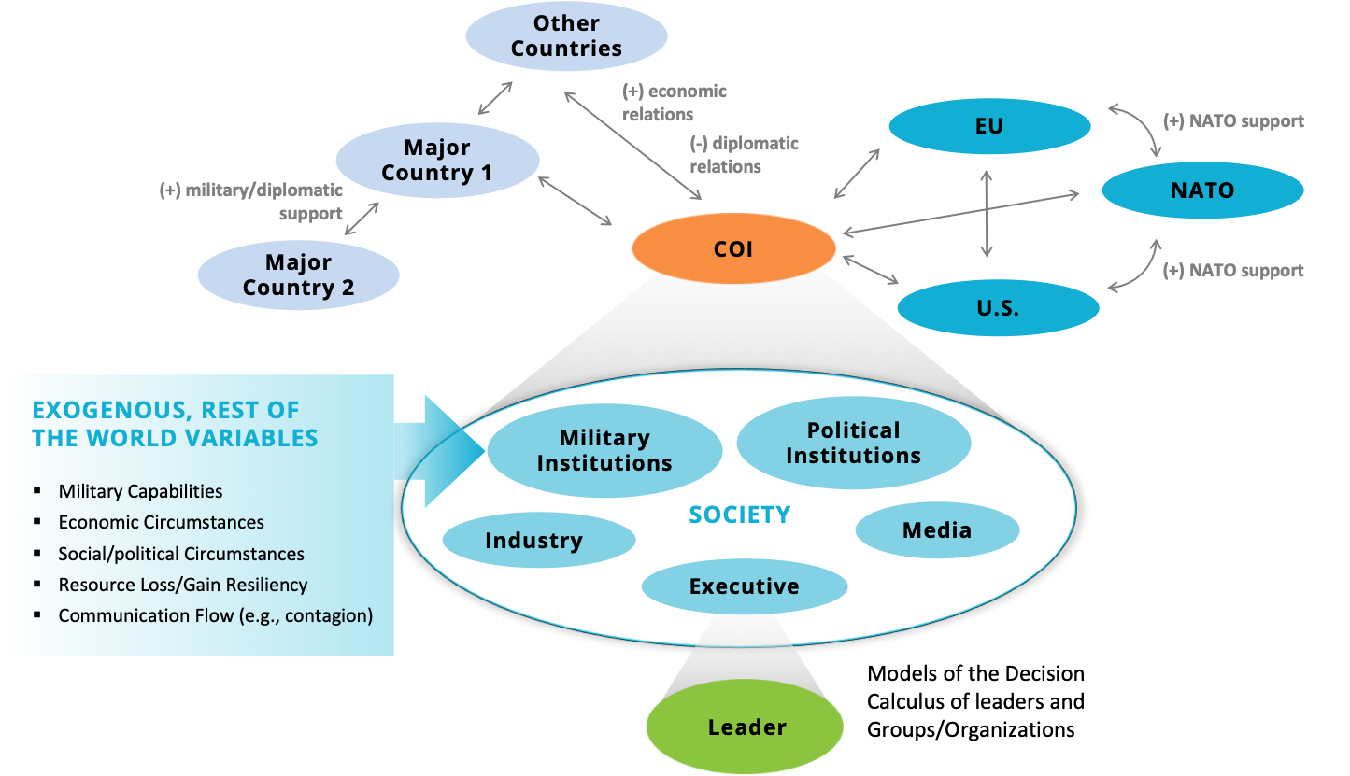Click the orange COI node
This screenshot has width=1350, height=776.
coord(733,249)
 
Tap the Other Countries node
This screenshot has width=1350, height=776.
coord(566,36)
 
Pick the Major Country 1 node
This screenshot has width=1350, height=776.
coord(437,161)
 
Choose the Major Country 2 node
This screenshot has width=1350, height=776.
coord(298,275)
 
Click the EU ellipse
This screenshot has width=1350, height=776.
coord(988,126)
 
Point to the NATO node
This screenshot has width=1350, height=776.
coord(1202,191)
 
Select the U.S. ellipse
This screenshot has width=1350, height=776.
coord(997,307)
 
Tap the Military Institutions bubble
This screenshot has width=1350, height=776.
coord(604,451)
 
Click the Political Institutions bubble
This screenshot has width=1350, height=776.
coord(853,444)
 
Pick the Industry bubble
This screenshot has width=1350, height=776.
coord(534,541)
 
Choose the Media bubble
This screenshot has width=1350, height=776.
coord(937,530)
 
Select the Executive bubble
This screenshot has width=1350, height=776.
coord(745,586)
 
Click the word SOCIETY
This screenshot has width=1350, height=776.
coord(740,515)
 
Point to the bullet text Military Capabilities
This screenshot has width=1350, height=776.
coord(140,491)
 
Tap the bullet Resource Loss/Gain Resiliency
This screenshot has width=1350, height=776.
coord(183,585)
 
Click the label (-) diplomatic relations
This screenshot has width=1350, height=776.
coord(745,155)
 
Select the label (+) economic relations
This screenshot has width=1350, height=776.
coord(675,103)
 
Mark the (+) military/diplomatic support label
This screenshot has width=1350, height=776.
coord(251,202)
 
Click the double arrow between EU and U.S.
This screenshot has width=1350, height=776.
coord(987,213)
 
